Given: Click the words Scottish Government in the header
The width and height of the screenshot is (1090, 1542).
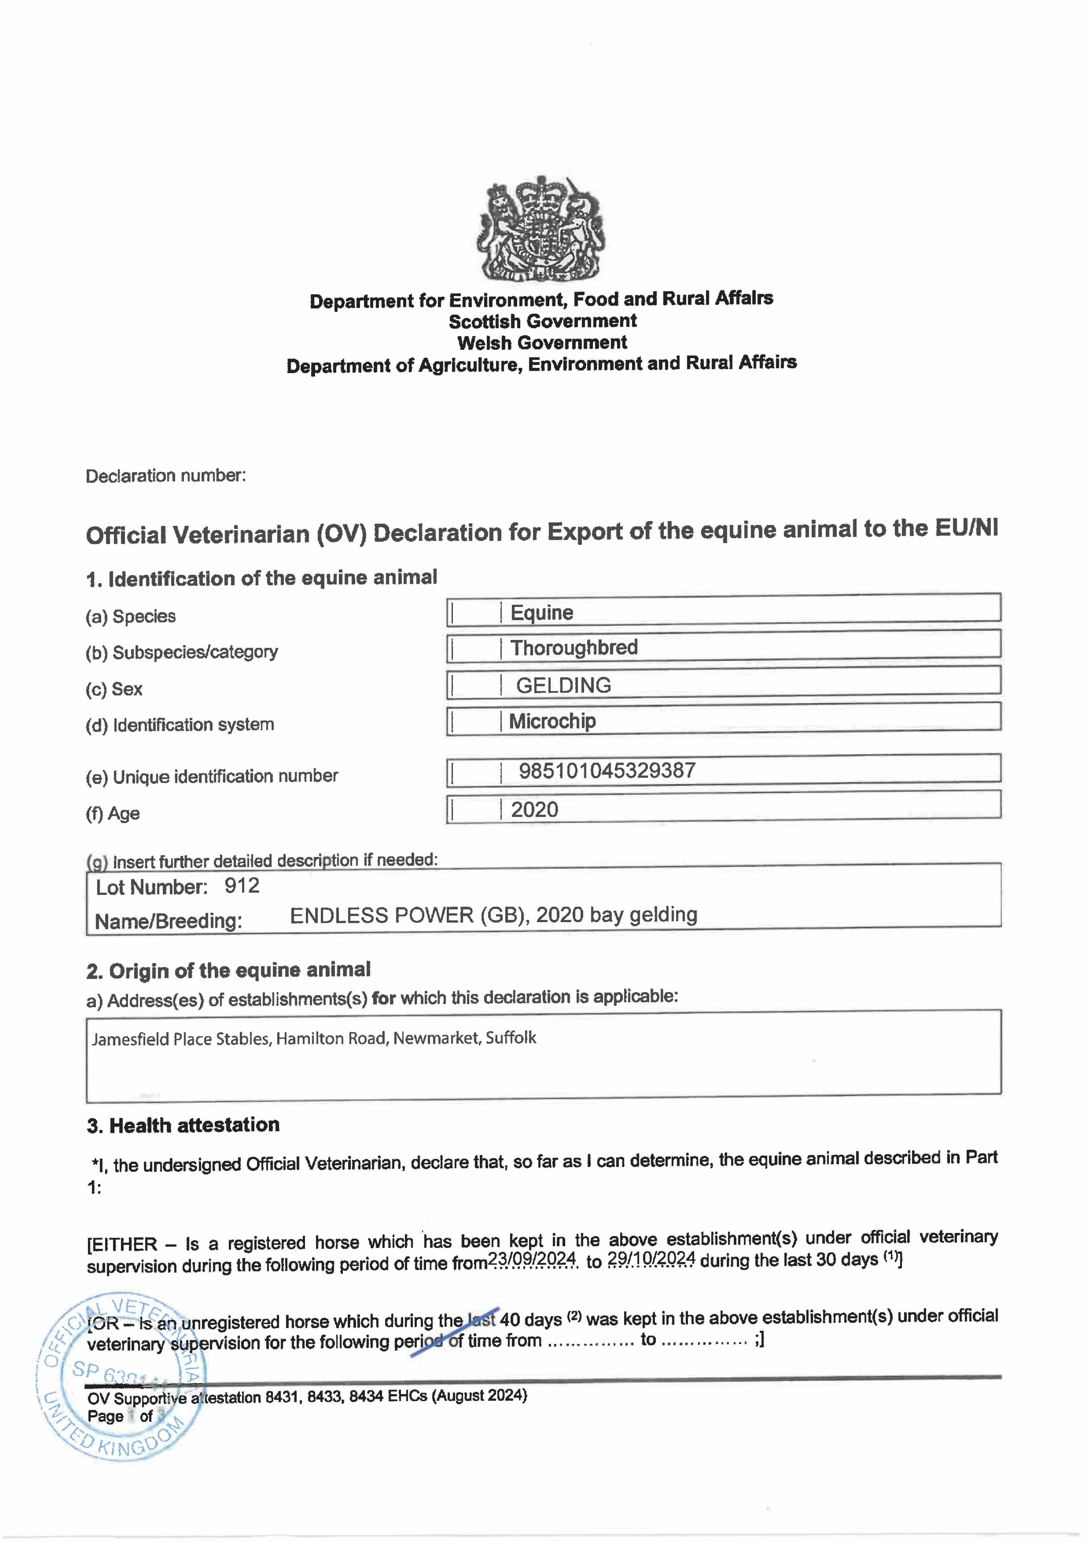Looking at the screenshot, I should [x=543, y=321].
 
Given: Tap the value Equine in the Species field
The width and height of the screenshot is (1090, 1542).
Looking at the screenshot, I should [x=541, y=612].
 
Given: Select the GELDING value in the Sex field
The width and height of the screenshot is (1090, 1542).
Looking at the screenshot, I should [x=563, y=685].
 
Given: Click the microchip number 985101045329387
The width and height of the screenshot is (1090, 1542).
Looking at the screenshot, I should [x=607, y=770].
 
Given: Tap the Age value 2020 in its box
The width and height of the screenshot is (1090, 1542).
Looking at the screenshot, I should [x=535, y=809].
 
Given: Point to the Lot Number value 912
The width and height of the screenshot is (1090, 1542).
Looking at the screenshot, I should [x=242, y=886].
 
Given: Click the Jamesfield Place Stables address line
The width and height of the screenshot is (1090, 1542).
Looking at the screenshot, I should [x=314, y=1038].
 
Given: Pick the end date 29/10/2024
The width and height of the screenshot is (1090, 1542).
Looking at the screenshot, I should [x=651, y=1259].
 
